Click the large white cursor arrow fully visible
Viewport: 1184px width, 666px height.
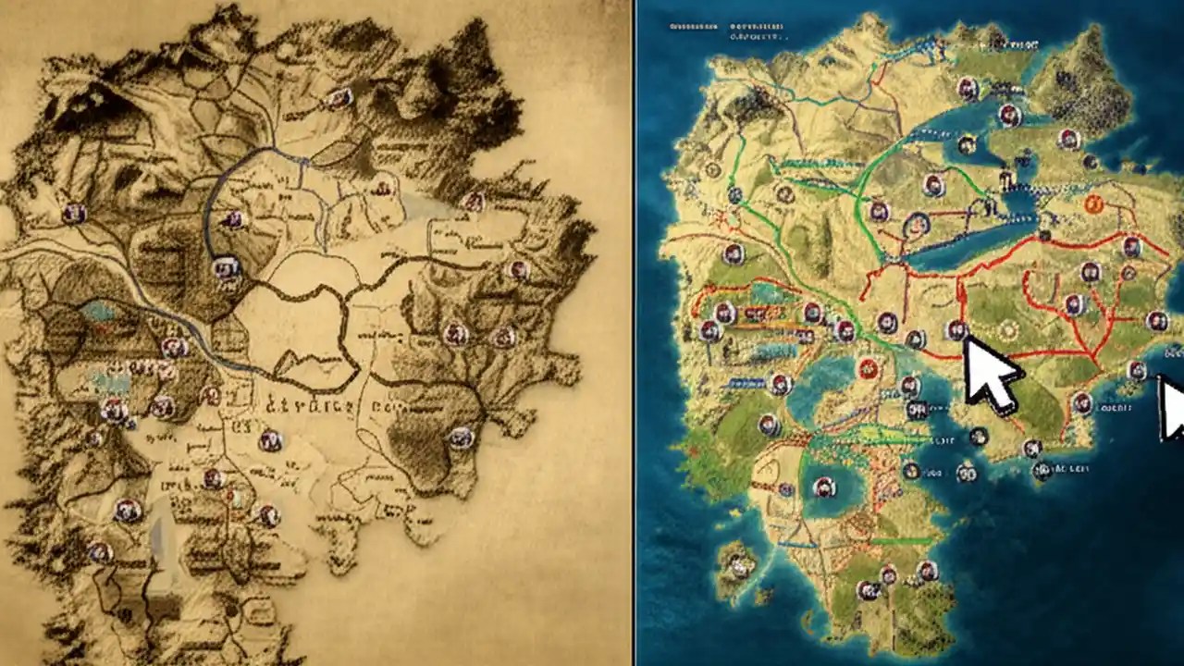[x=990, y=375]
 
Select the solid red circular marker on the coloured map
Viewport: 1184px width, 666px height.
[x=868, y=368]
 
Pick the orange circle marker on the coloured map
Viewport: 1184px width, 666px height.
[x=1093, y=204]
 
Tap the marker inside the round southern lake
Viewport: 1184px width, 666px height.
[x=823, y=487]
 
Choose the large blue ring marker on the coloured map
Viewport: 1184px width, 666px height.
[x=916, y=222]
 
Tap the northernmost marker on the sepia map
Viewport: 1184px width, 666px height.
[x=339, y=97]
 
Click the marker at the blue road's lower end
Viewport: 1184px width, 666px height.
[x=225, y=269]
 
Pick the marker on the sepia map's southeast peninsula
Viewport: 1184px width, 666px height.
[x=461, y=438]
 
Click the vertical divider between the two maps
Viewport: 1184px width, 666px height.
[x=634, y=333]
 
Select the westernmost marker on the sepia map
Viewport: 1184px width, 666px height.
[x=74, y=214]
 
